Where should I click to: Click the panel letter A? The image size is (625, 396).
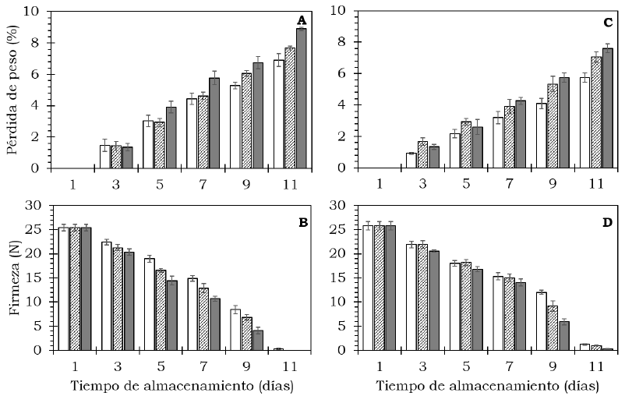coord(301,20)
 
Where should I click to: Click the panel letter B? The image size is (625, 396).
coord(301,222)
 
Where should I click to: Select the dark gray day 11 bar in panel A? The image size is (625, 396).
coord(301,98)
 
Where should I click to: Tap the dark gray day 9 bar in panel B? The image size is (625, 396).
coord(257,340)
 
